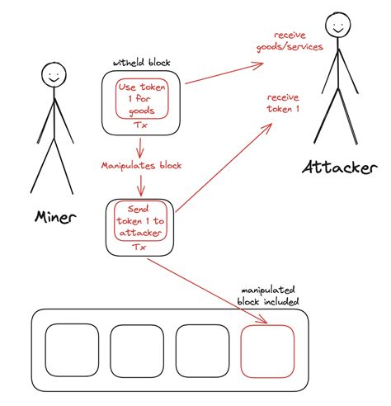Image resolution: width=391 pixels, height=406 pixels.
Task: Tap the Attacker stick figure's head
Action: pyautogui.click(x=337, y=26)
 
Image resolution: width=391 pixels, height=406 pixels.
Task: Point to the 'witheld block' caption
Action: pyautogui.click(x=139, y=63)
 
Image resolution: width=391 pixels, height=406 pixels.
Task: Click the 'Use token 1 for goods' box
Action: pyautogui.click(x=142, y=100)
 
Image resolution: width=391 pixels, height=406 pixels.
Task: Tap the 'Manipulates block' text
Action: pyautogui.click(x=142, y=165)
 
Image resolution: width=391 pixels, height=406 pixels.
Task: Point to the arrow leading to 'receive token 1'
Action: pyautogui.click(x=223, y=165)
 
